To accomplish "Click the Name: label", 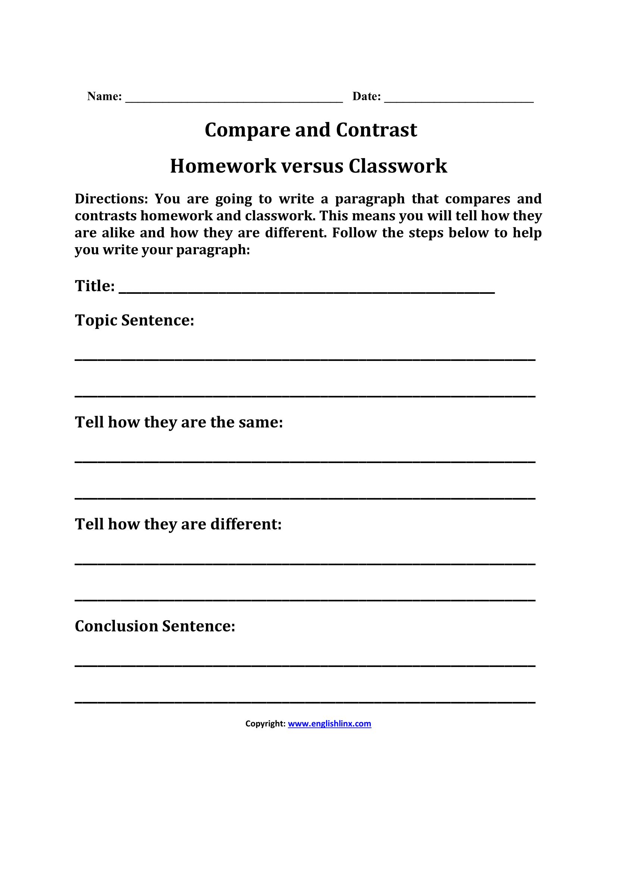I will (104, 97).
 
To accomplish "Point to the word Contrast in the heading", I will (376, 130).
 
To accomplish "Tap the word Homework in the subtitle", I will (223, 166).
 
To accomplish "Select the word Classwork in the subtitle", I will (398, 166).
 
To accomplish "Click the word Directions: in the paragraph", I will (111, 199).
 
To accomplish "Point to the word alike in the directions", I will (118, 233).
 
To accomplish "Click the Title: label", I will (95, 286).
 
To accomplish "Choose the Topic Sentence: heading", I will (135, 320).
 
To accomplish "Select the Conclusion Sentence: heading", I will (155, 626).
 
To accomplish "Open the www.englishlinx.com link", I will (329, 724).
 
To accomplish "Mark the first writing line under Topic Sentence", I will (305, 359).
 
